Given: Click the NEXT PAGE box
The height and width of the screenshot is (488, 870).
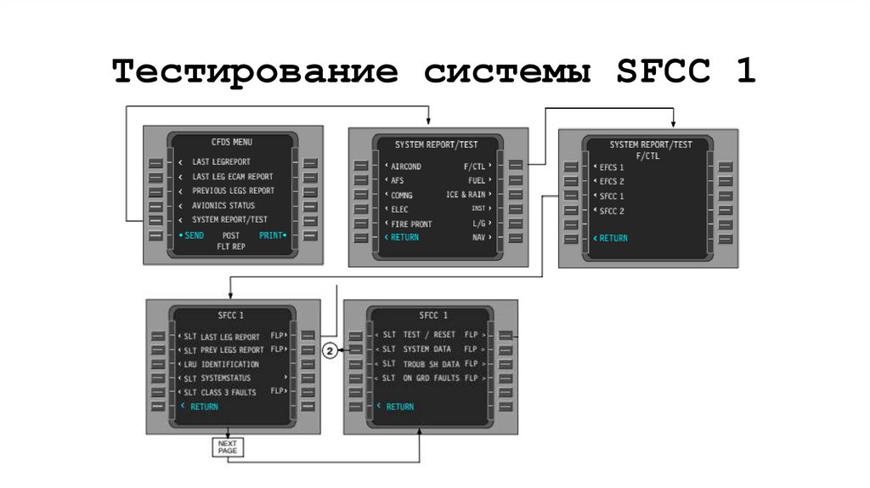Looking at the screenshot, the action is (227, 445).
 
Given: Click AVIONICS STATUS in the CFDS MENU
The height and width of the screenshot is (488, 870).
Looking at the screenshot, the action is (223, 206).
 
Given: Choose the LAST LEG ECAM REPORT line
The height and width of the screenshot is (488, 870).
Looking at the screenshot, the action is (232, 176).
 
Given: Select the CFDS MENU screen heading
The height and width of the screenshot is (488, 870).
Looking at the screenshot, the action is (231, 142).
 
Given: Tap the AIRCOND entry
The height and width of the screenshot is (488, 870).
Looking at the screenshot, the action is (406, 167).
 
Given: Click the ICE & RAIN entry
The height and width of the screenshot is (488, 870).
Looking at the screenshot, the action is (466, 195).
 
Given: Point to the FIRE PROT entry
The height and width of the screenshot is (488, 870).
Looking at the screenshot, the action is (411, 224).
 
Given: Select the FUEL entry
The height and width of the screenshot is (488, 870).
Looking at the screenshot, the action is (476, 181).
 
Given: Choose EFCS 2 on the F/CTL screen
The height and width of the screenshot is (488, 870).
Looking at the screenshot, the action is (612, 182).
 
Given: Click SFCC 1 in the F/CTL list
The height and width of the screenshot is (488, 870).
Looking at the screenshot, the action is (612, 196).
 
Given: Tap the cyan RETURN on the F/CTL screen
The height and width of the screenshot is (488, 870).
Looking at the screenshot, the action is (613, 238).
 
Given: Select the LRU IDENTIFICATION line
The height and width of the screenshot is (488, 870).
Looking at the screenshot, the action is (222, 364).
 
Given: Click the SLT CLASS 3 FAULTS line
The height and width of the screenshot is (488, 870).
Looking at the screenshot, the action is (221, 392).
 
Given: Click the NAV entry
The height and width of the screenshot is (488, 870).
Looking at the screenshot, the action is (479, 237).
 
